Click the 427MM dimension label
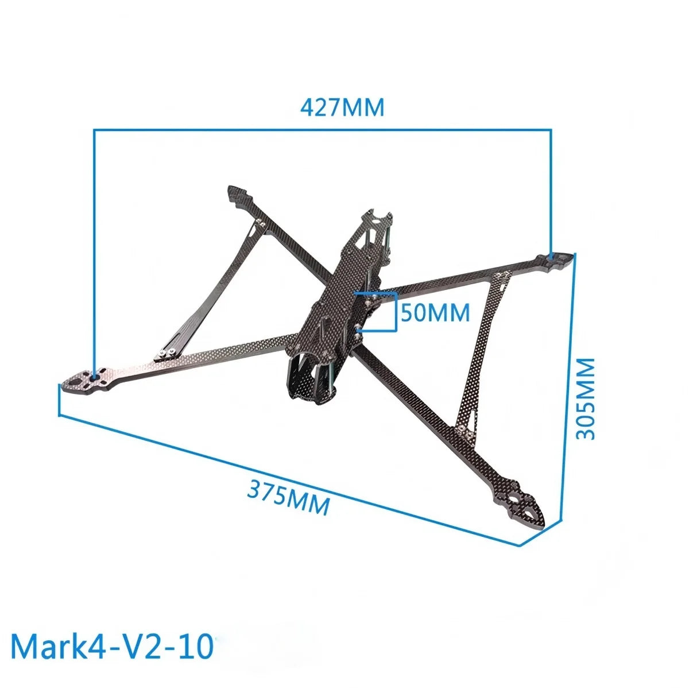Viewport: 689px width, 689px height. (342, 107)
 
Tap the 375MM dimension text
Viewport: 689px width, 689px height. (289, 498)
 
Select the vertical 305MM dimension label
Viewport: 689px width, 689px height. (586, 398)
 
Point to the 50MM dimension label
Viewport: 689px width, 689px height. (435, 313)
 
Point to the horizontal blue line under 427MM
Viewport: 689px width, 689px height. (322, 130)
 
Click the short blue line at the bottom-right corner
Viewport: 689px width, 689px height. (540, 533)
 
